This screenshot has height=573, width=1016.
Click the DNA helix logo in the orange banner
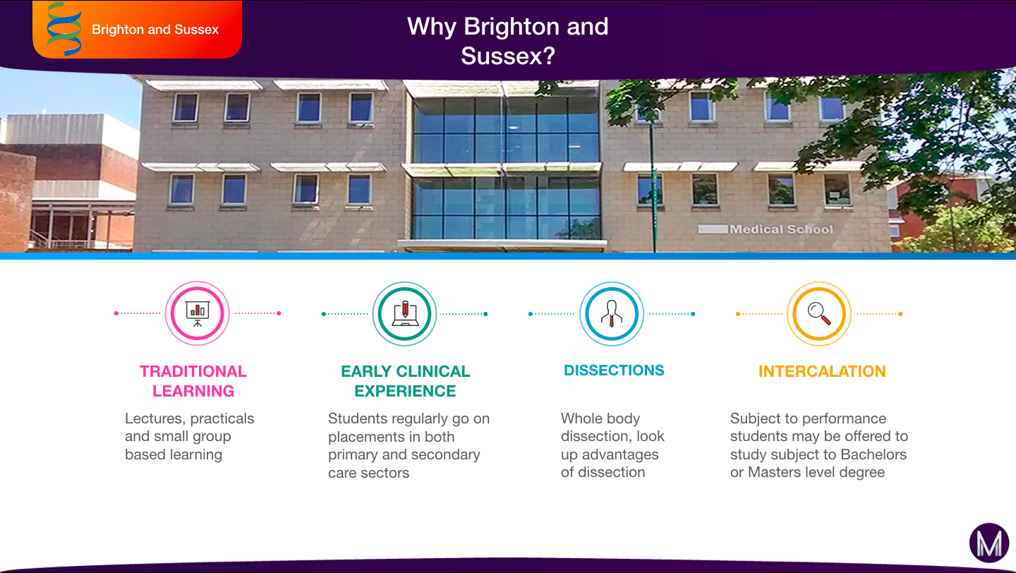pos(64,29)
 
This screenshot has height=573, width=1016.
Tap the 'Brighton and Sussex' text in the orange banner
pos(155,30)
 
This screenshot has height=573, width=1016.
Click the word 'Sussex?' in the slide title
pos(508,56)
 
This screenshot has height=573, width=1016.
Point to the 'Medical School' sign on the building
pos(781,229)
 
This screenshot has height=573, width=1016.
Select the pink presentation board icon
pos(198,313)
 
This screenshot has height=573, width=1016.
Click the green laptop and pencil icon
pos(404,314)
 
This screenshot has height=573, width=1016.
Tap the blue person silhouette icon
pos(612,314)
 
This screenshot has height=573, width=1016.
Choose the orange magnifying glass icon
pos(819,314)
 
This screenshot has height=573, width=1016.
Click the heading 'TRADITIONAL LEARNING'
pos(193,381)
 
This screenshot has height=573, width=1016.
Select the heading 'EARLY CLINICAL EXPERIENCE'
pos(406,381)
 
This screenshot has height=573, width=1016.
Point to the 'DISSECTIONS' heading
pos(614,370)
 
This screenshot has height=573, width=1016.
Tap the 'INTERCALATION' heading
pos(822,371)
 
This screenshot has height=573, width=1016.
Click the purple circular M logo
pos(989,543)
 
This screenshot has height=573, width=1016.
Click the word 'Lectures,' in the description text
pos(153,418)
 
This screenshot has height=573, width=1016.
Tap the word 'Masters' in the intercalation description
pos(775,472)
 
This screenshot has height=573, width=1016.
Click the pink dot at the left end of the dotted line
pos(116,313)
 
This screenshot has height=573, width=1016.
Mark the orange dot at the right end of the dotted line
pos(900,314)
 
